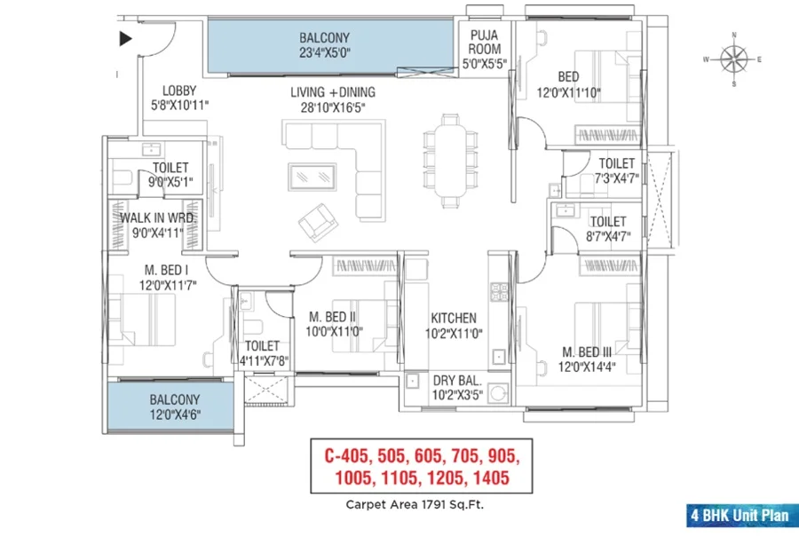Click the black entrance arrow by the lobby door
[125, 39]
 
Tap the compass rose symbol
[734, 59]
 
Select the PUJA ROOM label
[485, 43]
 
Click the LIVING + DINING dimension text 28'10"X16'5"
[333, 107]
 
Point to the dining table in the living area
[450, 161]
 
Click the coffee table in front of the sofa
[312, 177]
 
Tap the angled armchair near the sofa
[318, 223]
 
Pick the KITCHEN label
[454, 319]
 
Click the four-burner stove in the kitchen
[499, 292]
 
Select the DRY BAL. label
[457, 381]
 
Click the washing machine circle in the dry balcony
[497, 393]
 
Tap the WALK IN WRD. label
[157, 218]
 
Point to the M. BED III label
[587, 352]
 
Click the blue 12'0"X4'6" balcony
[170, 406]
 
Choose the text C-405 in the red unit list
[347, 455]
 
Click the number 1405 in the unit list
[491, 478]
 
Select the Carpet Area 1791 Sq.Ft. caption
[415, 505]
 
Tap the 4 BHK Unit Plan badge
[740, 515]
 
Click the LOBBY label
[179, 91]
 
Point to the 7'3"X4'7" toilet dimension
[617, 178]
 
